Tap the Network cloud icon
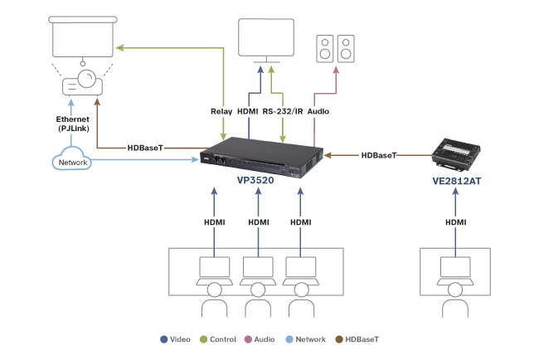(72, 162)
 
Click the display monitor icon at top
(265, 38)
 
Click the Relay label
(222, 110)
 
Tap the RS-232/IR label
(284, 110)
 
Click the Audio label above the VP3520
(319, 110)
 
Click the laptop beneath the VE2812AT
(455, 269)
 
